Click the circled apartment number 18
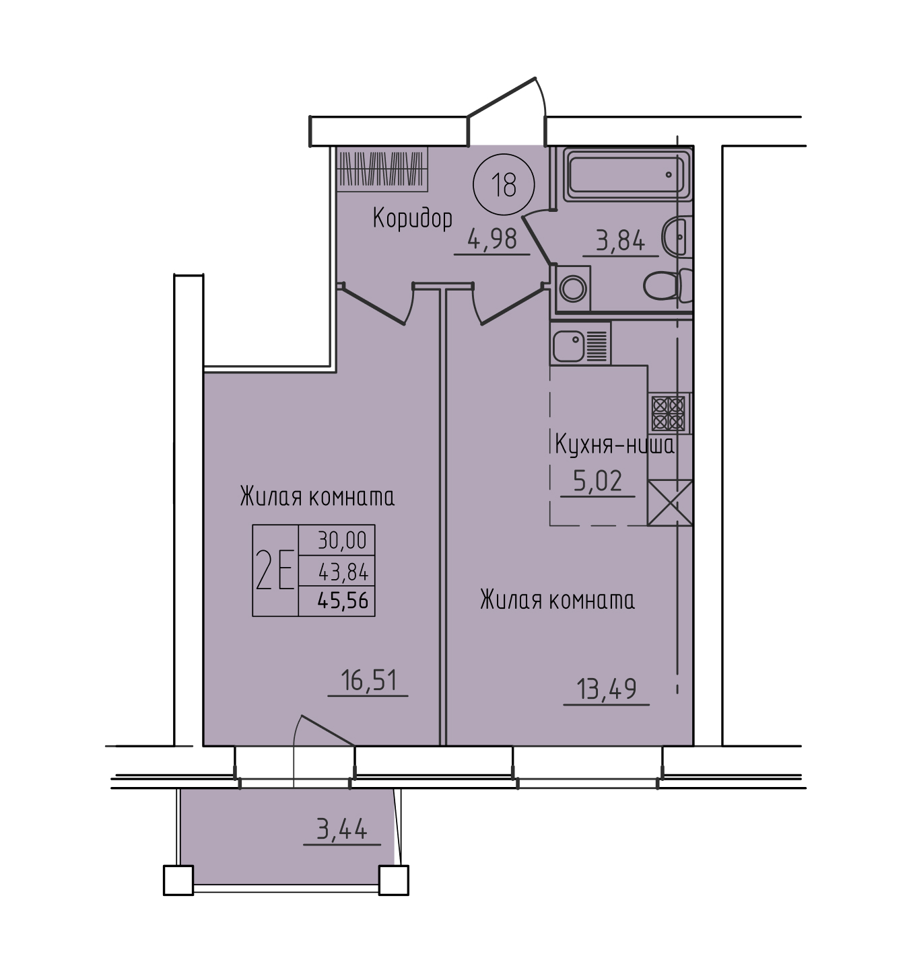tap(504, 184)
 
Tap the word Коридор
tap(413, 218)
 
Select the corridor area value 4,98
tap(492, 239)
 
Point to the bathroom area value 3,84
tap(620, 241)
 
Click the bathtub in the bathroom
tap(627, 175)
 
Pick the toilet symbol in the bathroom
tap(668, 285)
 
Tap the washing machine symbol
tap(573, 288)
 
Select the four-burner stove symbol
tap(669, 413)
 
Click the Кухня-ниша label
tap(615, 445)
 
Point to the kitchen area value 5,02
tap(597, 481)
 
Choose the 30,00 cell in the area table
tap(342, 540)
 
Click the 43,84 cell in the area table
tap(343, 572)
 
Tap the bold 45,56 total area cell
tap(343, 600)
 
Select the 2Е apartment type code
tap(275, 570)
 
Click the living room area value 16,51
tap(368, 680)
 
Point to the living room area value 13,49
tap(606, 689)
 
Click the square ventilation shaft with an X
tap(670, 502)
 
